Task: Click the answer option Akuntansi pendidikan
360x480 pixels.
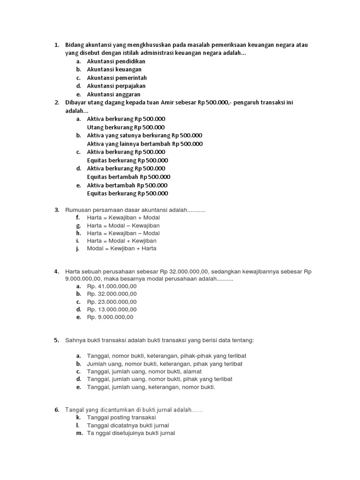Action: pyautogui.click(x=116, y=61)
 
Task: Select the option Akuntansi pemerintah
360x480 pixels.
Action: pyautogui.click(x=117, y=78)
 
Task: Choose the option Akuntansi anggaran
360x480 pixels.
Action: pyautogui.click(x=113, y=94)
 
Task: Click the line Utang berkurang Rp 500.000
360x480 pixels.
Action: pyautogui.click(x=126, y=127)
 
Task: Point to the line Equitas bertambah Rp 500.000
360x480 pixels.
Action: pyautogui.click(x=128, y=177)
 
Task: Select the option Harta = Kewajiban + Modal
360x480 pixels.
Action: pyautogui.click(x=123, y=217)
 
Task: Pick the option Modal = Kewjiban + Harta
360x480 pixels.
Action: pyautogui.click(x=121, y=248)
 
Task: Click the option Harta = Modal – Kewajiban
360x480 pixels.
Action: pyautogui.click(x=123, y=225)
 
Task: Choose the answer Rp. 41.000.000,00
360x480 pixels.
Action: pyautogui.click(x=112, y=286)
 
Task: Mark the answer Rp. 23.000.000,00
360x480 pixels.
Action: pyautogui.click(x=112, y=301)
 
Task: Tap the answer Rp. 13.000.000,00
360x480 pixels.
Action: pyautogui.click(x=112, y=309)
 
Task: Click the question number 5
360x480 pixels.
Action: pyautogui.click(x=56, y=340)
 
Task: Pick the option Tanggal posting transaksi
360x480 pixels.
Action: pyautogui.click(x=121, y=417)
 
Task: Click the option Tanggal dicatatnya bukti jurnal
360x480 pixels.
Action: pyautogui.click(x=124, y=425)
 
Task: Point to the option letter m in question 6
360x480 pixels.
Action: pyautogui.click(x=78, y=433)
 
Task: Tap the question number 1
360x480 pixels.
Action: pyautogui.click(x=56, y=45)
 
